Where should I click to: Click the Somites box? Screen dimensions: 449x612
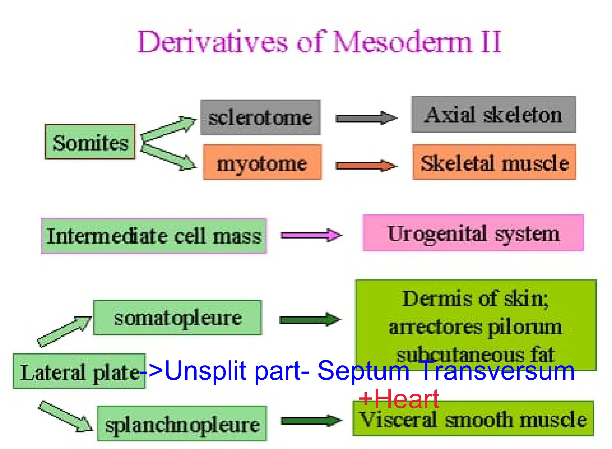[90, 142]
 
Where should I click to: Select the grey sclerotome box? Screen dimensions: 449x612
[260, 117]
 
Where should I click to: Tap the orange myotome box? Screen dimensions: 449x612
[262, 162]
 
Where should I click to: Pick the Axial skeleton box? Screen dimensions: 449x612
[493, 114]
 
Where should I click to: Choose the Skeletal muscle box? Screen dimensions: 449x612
[494, 162]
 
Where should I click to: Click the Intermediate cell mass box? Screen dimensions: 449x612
[154, 236]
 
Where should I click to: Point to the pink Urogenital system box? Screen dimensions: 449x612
[473, 233]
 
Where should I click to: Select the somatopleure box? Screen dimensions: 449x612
[178, 317]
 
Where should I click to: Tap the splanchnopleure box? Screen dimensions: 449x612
[182, 423]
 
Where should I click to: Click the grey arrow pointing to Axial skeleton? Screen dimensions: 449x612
[366, 118]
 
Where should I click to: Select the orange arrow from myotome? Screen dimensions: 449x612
[366, 166]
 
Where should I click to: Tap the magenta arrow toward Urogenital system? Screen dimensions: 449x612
[311, 235]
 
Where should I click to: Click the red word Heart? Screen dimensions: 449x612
[406, 399]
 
